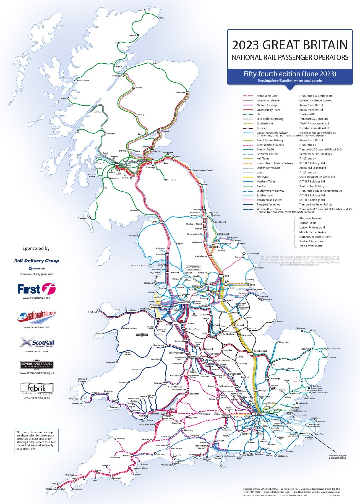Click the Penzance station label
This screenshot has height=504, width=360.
point(50,489)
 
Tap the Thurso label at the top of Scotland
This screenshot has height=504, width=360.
point(141,10)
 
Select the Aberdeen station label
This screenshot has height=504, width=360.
point(181,92)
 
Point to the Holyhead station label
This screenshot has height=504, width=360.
point(92,312)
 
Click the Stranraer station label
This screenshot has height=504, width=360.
point(83,218)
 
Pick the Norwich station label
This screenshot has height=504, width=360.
point(305,349)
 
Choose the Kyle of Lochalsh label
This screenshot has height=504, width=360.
point(83,81)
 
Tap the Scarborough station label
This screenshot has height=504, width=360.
point(253,253)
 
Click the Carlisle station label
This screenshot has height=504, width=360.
point(155,222)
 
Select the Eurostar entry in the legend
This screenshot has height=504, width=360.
point(261,128)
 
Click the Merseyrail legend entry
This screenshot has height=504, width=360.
point(263,177)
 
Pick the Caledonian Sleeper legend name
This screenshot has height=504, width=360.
point(268,100)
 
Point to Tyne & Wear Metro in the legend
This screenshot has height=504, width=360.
point(311,246)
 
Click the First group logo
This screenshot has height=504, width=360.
point(36,289)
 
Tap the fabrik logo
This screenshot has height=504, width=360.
point(37,388)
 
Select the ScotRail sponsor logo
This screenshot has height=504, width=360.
point(37,343)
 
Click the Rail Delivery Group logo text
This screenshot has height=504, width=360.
point(37,261)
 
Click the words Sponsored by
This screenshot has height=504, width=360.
point(36,248)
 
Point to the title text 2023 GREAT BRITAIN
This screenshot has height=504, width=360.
point(290,45)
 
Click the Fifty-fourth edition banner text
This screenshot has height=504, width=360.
point(290,74)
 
